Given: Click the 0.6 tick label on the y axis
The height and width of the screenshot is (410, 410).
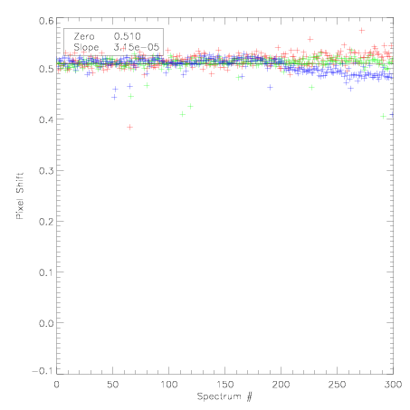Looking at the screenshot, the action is pyautogui.click(x=46, y=21).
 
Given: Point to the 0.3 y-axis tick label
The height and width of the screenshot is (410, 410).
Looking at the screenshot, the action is pyautogui.click(x=46, y=171).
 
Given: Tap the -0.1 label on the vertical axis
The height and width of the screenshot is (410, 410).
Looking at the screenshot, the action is pyautogui.click(x=43, y=371).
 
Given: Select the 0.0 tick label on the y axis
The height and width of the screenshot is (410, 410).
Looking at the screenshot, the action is pyautogui.click(x=46, y=323).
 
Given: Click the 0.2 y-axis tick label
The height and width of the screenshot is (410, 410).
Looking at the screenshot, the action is pyautogui.click(x=46, y=222).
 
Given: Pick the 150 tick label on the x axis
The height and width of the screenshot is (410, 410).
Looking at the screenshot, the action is pyautogui.click(x=224, y=385).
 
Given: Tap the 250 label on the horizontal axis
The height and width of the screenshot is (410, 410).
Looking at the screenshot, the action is pyautogui.click(x=337, y=385).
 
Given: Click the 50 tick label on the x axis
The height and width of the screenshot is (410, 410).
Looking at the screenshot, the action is pyautogui.click(x=112, y=385).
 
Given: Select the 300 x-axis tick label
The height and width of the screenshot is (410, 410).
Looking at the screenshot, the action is pyautogui.click(x=393, y=385).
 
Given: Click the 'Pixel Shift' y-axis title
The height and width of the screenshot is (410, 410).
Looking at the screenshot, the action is pyautogui.click(x=20, y=196).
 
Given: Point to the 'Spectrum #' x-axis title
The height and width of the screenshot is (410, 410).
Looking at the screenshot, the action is pyautogui.click(x=224, y=396).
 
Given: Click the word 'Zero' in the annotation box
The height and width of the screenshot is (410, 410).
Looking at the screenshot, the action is pyautogui.click(x=84, y=36).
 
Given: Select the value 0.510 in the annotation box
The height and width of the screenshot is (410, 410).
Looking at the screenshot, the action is pyautogui.click(x=128, y=36).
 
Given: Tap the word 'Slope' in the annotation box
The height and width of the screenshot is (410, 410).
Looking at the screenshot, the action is pyautogui.click(x=86, y=48).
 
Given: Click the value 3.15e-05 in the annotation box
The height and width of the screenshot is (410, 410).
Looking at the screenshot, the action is pyautogui.click(x=137, y=47).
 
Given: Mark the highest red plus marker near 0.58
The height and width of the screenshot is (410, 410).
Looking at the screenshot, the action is pyautogui.click(x=362, y=30).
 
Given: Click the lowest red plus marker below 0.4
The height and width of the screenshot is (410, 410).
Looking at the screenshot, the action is pyautogui.click(x=129, y=127).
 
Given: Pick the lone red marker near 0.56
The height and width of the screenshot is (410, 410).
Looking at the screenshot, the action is pyautogui.click(x=310, y=39).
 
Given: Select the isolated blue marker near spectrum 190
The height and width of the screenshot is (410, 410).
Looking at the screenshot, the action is pyautogui.click(x=270, y=88).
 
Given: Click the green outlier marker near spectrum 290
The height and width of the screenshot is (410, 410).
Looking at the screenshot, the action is pyautogui.click(x=383, y=116).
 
